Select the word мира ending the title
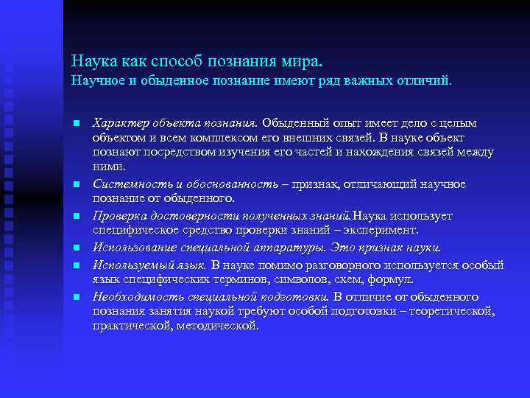coord(303,57)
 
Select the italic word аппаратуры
coord(294,247)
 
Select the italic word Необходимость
coord(135,296)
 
